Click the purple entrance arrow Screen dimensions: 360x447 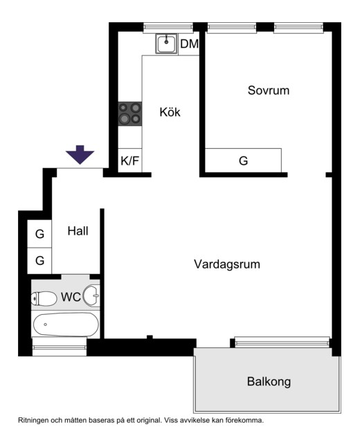pos(80,154)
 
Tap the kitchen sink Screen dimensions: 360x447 pos(166,44)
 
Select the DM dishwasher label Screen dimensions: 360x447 pos(190,44)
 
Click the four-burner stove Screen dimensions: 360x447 pos(130,114)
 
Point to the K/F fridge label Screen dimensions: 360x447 pos(129,161)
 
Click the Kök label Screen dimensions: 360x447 pos(170,112)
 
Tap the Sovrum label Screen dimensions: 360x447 pos(269,91)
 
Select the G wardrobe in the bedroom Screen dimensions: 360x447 pos(243,161)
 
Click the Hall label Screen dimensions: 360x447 pos(78,231)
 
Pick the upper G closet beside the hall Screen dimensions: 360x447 pos(39,234)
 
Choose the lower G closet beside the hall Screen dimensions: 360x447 pos(39,261)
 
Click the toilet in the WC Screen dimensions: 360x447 pos(44,298)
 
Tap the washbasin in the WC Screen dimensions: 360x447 pos(91,295)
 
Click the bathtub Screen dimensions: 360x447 pos(66,325)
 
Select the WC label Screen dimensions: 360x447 pos(71,297)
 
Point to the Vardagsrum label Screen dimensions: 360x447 pos(227,264)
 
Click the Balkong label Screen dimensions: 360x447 pos(269,381)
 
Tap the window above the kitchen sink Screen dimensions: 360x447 pos(168,27)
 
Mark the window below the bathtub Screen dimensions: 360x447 pos(60,347)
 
